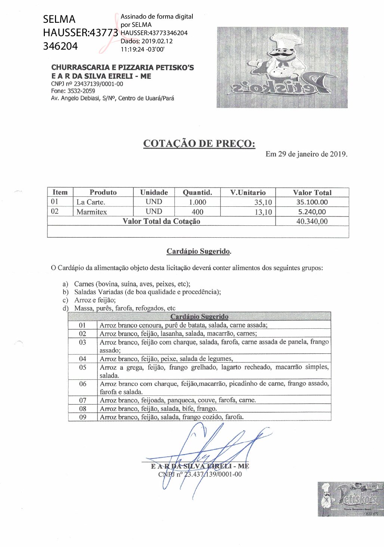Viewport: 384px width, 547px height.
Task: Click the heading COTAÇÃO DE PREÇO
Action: [199, 144]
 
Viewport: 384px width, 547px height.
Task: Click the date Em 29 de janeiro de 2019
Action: [306, 154]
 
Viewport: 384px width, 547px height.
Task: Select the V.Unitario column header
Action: [248, 193]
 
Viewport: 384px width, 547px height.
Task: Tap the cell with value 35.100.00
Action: [312, 202]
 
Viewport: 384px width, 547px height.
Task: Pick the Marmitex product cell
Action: [92, 212]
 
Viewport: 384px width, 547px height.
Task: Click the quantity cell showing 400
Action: [197, 212]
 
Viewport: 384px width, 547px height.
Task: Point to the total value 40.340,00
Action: [312, 221]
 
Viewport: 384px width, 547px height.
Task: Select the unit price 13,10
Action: [263, 212]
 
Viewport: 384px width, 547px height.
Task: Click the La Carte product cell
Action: [91, 202]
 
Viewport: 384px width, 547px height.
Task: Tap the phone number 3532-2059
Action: [81, 91]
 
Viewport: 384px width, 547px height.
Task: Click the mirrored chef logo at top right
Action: [282, 68]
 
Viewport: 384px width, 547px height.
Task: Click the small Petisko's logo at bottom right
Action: [350, 499]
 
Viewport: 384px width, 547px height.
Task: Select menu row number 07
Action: [83, 400]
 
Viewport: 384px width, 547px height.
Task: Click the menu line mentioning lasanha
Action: [178, 334]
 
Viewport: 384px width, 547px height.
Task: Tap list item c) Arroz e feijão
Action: [95, 300]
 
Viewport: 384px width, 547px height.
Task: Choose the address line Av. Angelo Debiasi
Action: [112, 99]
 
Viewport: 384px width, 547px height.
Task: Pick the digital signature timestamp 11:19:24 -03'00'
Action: [142, 49]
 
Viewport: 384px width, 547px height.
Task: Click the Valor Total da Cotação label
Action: [161, 221]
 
